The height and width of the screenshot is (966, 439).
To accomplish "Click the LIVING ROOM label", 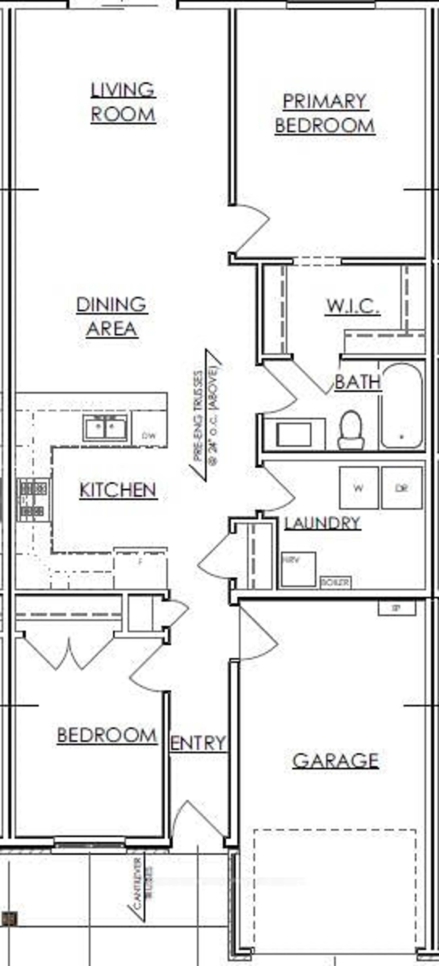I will coord(123,102).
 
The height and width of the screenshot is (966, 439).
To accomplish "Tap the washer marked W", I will coord(358,488).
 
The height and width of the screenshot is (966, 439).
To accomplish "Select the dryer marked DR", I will coord(402,488).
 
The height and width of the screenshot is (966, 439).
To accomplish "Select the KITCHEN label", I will coord(118,490).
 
